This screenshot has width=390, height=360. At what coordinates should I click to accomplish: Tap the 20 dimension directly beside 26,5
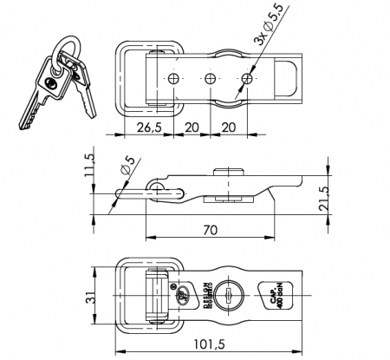pos(192,127)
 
